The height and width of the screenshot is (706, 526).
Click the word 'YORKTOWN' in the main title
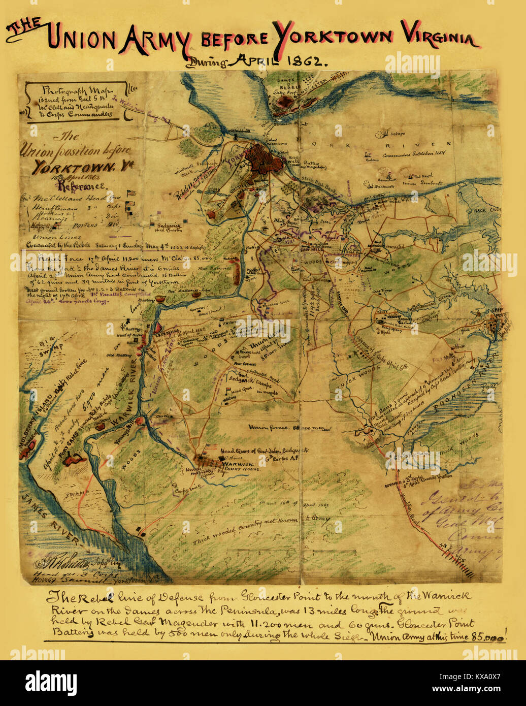[333, 37]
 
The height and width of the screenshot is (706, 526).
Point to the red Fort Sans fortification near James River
[74, 460]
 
